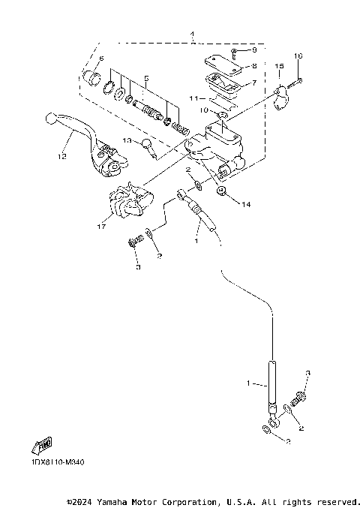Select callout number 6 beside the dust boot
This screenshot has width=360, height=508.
pos(100,59)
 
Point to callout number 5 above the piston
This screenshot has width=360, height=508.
pos(147,79)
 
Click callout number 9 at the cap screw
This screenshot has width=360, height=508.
pos(254,50)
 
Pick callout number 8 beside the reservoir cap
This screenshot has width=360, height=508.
pos(254,66)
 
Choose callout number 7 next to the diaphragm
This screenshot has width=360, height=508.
pos(254,83)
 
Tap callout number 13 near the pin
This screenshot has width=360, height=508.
pos(127,140)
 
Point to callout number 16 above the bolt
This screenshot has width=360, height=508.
pos(297,56)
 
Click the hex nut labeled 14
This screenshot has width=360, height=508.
pos(223,192)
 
